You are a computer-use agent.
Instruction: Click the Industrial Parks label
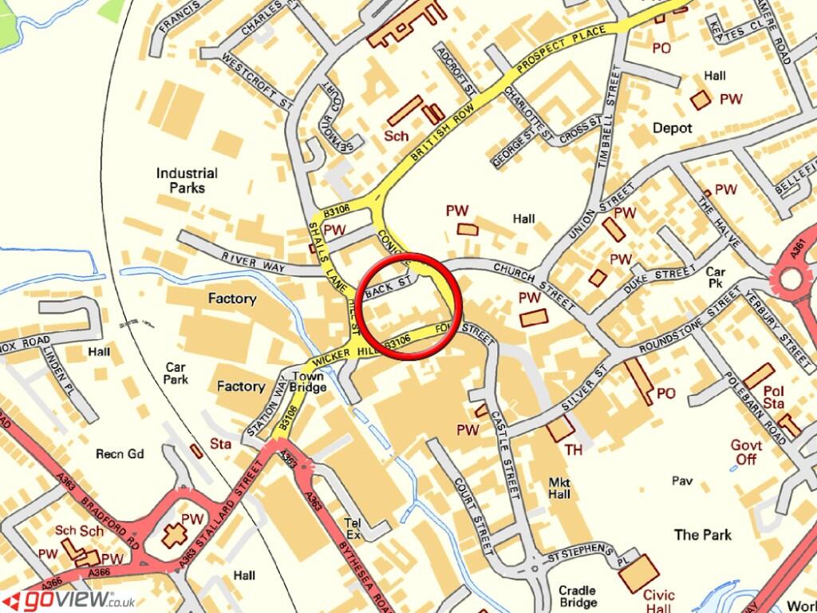pos(187,180)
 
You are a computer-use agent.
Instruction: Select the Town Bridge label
pos(309,382)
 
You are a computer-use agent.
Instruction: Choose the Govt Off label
pos(746,453)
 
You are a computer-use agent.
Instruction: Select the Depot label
pos(673,128)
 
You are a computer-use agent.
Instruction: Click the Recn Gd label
pos(120,454)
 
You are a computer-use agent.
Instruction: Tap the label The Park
pos(702,535)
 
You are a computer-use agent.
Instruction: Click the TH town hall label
pos(574,450)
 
